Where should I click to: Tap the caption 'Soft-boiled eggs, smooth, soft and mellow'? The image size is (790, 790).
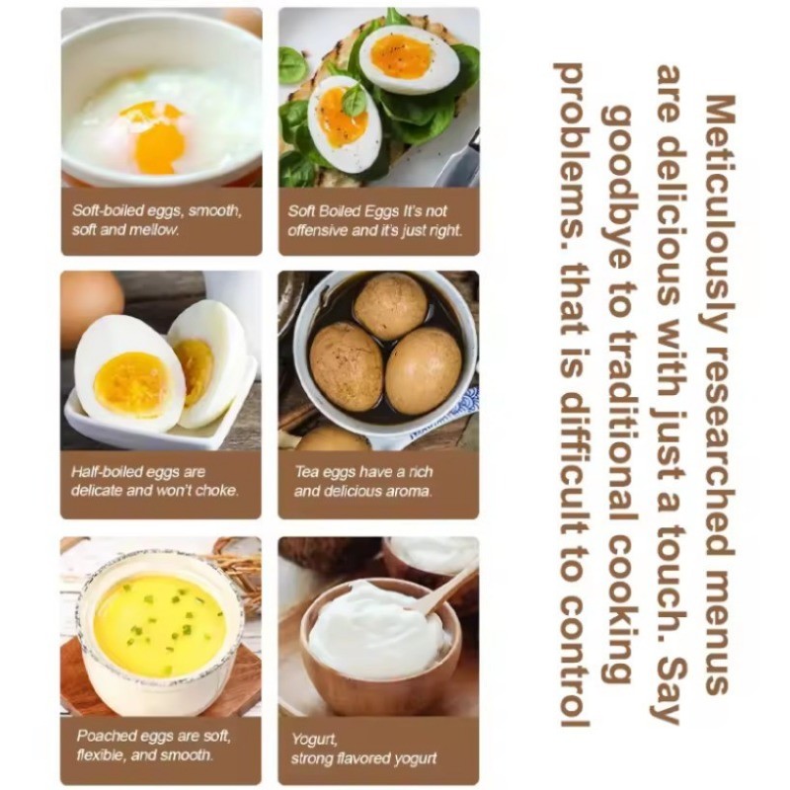[x=156, y=220]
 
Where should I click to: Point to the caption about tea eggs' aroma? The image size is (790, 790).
[x=363, y=481]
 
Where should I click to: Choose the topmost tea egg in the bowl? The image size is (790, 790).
[x=390, y=306]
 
